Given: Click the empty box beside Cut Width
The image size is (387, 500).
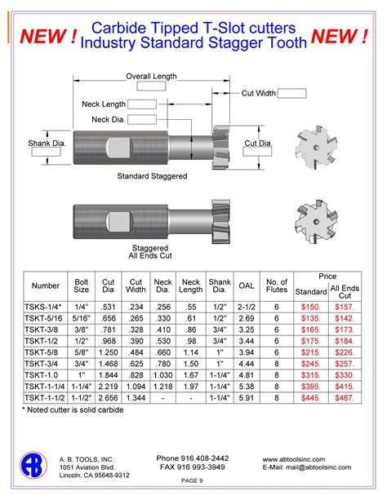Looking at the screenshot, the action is tap(291, 94).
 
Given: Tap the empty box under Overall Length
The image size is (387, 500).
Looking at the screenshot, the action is tap(151, 86).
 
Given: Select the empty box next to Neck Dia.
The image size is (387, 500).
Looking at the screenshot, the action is tap(142, 120).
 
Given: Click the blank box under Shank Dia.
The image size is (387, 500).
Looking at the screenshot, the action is tap(46, 152).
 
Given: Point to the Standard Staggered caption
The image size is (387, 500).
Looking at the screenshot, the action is tap(152, 176).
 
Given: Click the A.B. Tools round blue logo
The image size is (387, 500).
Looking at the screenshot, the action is tap(33, 465).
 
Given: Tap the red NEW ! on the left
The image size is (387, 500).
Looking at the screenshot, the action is tap(48, 36).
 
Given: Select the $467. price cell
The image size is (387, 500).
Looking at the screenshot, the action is tap(345, 398).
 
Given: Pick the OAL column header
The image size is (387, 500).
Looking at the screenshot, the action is tap(247, 285).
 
